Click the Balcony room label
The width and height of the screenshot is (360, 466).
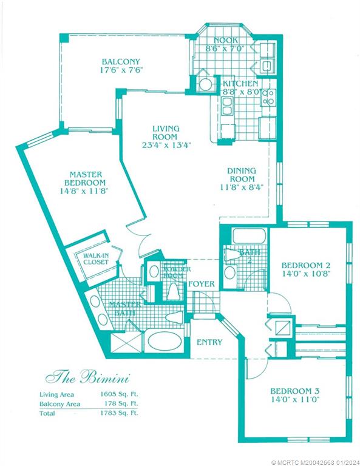click(121, 62)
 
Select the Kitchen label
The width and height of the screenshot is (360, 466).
click(240, 83)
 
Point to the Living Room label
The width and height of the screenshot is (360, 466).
click(165, 133)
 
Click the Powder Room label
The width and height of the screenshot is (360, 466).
click(175, 272)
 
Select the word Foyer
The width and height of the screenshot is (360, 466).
click(200, 284)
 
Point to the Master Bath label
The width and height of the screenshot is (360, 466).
click(125, 309)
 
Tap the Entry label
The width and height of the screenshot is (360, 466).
click(209, 342)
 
